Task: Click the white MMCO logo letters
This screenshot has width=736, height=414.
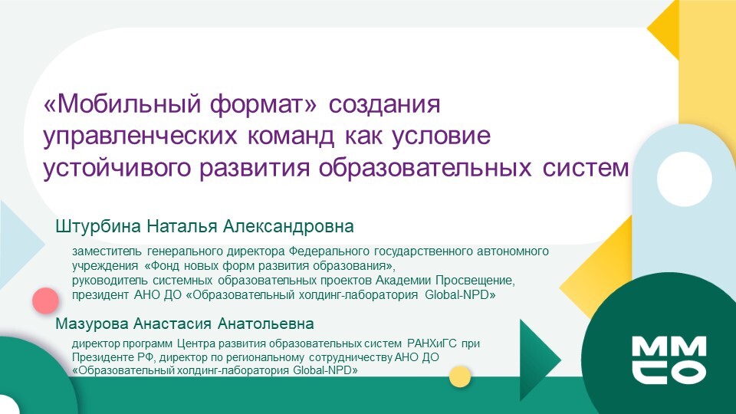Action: [x=669, y=359]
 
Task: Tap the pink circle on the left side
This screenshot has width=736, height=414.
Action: [x=45, y=301]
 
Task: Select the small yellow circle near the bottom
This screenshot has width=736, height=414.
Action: [x=459, y=376]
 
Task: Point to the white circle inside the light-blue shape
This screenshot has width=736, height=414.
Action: [x=684, y=179]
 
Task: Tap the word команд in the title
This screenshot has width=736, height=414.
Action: [x=291, y=136]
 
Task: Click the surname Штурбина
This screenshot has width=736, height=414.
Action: [x=98, y=226]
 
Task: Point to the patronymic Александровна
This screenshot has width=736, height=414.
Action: [x=288, y=226]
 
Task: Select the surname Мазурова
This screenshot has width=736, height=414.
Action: [x=92, y=324]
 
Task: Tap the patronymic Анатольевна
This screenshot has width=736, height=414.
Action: [x=266, y=324]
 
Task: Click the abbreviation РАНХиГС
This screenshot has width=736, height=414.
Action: [x=432, y=343]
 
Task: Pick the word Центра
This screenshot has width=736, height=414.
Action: [x=192, y=343]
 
